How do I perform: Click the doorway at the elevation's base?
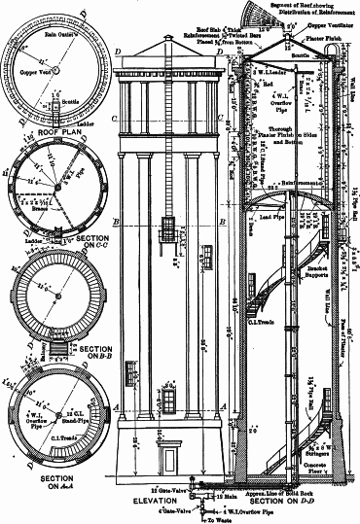tap(169, 460)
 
